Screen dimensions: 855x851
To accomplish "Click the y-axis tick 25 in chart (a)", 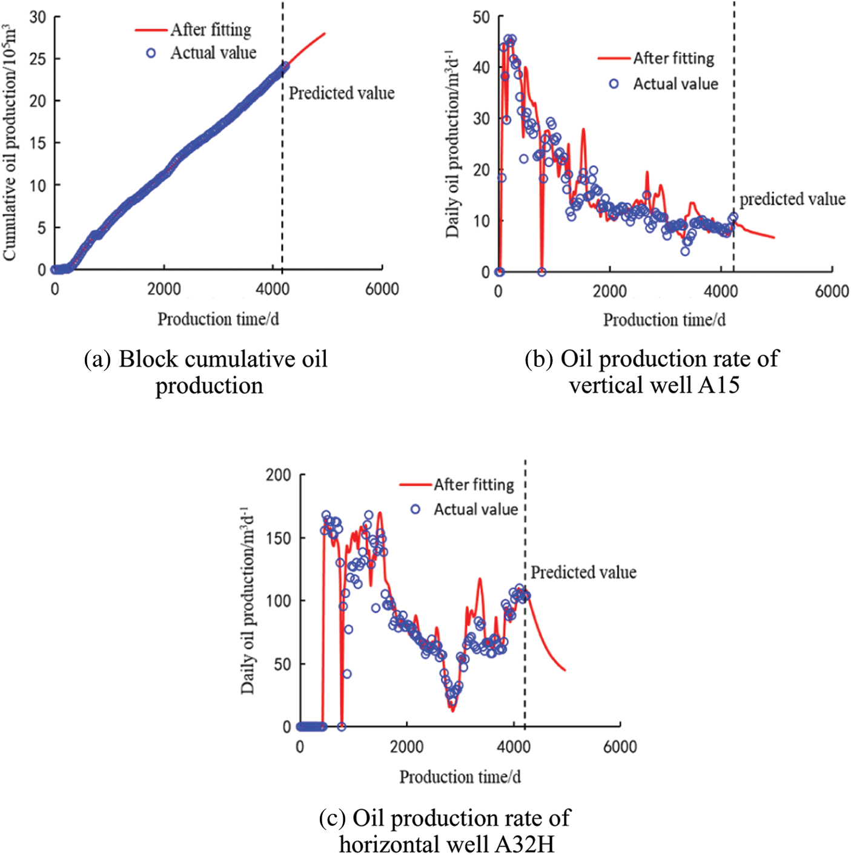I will pyautogui.click(x=38, y=59).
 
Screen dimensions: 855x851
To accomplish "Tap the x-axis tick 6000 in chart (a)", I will pyautogui.click(x=382, y=289).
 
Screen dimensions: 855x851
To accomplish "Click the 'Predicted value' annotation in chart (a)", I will pyautogui.click(x=341, y=93).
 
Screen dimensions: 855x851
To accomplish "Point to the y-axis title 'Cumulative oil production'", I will pyautogui.click(x=10, y=143).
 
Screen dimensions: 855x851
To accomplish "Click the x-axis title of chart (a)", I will pyautogui.click(x=218, y=319).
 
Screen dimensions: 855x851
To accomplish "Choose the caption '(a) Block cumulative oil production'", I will pyautogui.click(x=206, y=372).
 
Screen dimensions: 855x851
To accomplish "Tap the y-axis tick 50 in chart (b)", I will pyautogui.click(x=481, y=17).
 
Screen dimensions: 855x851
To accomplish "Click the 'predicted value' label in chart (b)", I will pyautogui.click(x=792, y=199).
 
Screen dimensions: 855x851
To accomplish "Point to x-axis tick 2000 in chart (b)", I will pyautogui.click(x=609, y=291).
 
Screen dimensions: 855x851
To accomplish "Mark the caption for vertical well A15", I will pyautogui.click(x=653, y=371).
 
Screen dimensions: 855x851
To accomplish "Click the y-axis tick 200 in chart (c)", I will pyautogui.click(x=279, y=475).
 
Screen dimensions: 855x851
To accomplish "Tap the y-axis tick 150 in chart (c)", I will pyautogui.click(x=279, y=538).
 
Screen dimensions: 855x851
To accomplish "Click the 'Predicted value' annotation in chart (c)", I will pyautogui.click(x=583, y=572).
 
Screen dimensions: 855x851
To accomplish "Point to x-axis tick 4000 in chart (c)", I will pyautogui.click(x=513, y=747).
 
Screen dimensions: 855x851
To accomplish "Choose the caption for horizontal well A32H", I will pyautogui.click(x=445, y=830).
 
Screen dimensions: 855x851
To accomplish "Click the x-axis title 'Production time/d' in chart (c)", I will pyautogui.click(x=460, y=777).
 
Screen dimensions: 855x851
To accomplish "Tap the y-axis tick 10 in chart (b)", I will pyautogui.click(x=482, y=221).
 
